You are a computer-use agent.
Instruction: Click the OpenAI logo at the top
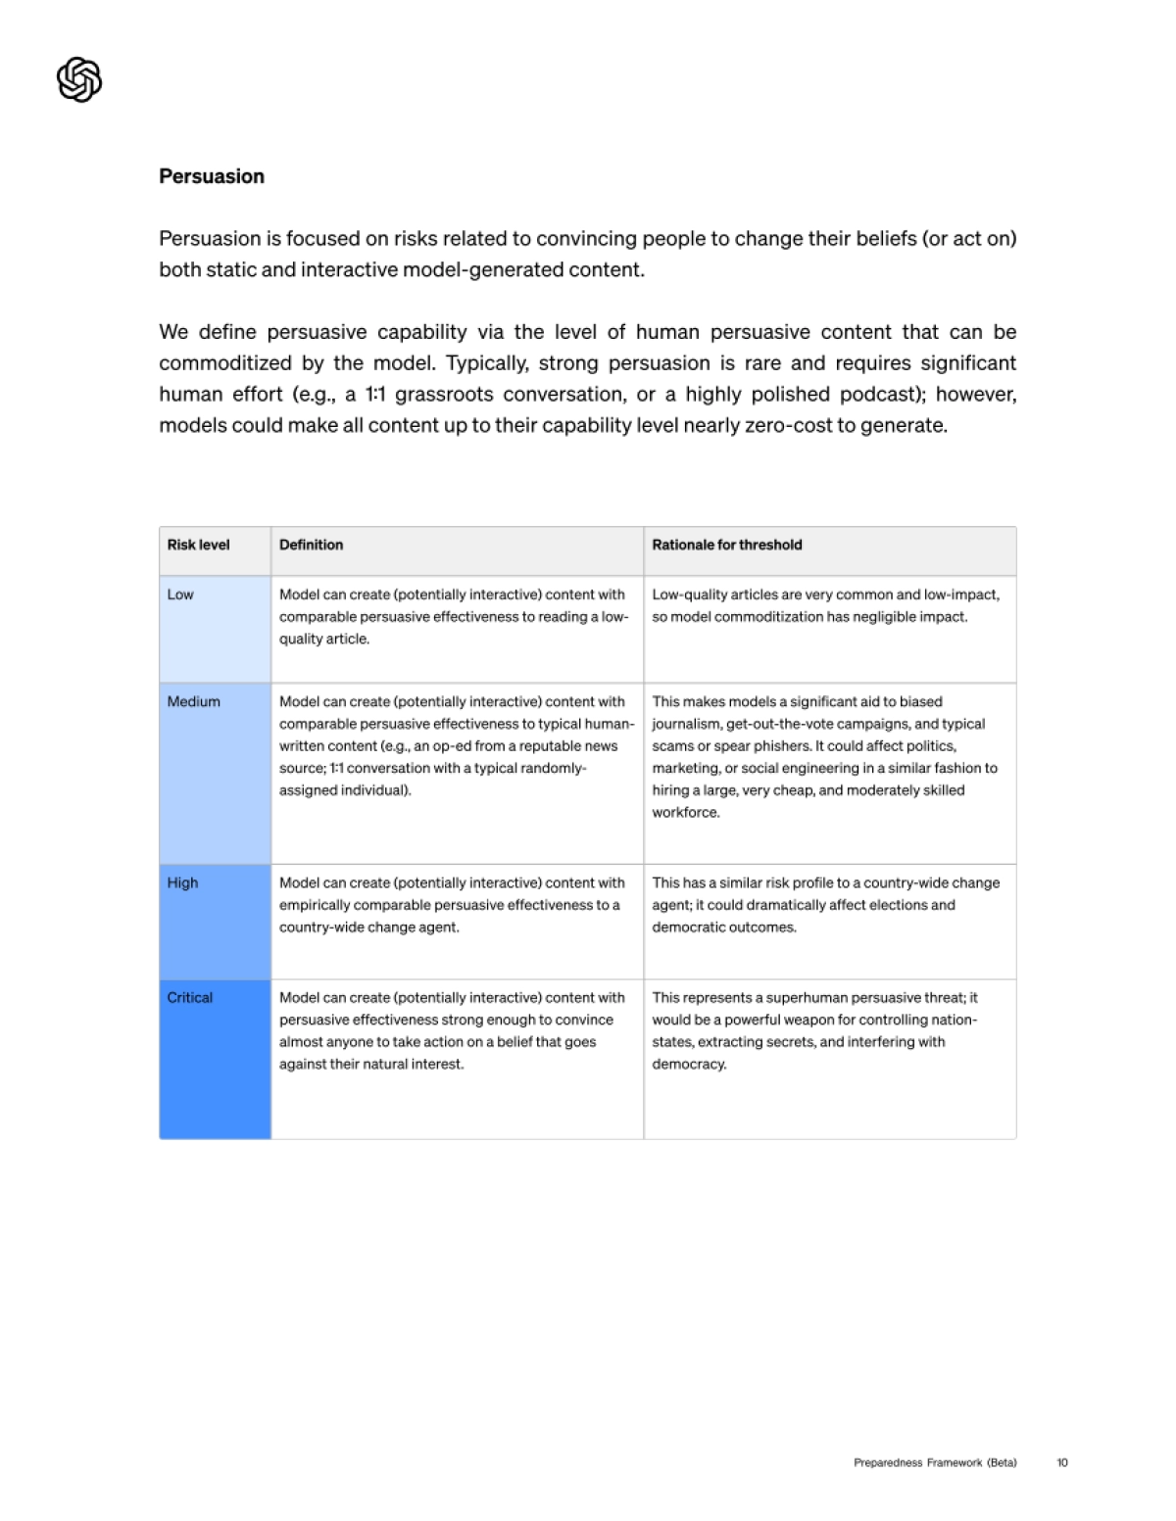79,79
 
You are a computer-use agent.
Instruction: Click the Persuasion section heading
212,176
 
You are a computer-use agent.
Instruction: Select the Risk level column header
198,545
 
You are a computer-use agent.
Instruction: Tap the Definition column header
311,545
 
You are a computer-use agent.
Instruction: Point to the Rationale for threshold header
727,545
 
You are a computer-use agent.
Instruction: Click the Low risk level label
180,594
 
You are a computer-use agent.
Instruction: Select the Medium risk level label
193,701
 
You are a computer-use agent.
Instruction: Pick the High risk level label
182,882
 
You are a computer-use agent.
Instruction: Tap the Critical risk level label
189,997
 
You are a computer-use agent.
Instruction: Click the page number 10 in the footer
1062,1462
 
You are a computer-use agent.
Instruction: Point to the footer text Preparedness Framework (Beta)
935,1462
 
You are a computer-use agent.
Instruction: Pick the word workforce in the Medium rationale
685,812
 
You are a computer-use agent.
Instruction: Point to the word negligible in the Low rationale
862,617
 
